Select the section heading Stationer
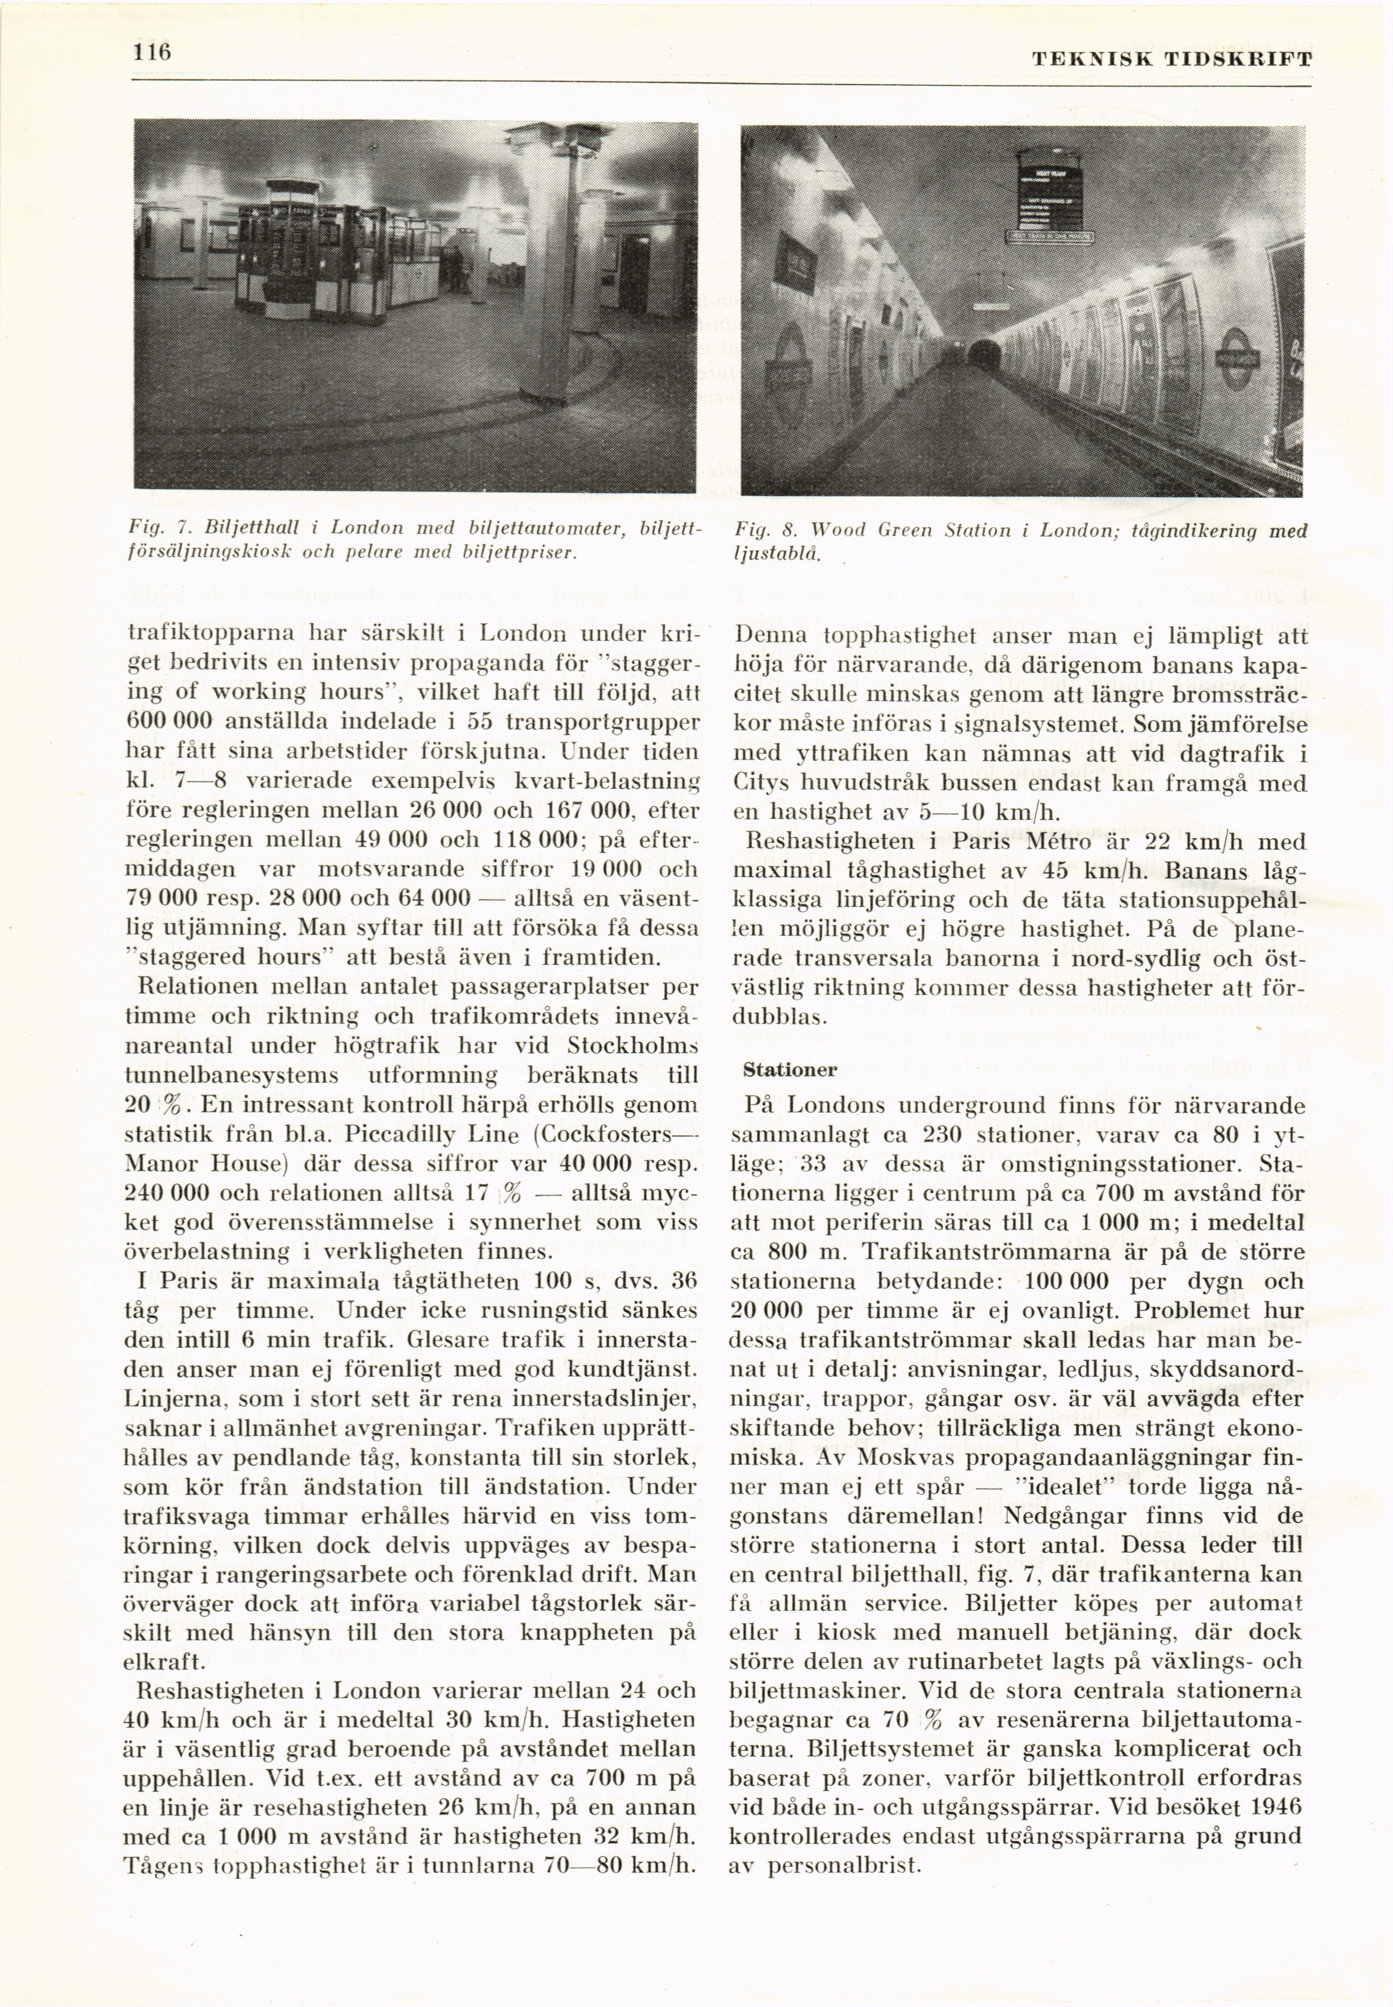[790, 1070]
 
